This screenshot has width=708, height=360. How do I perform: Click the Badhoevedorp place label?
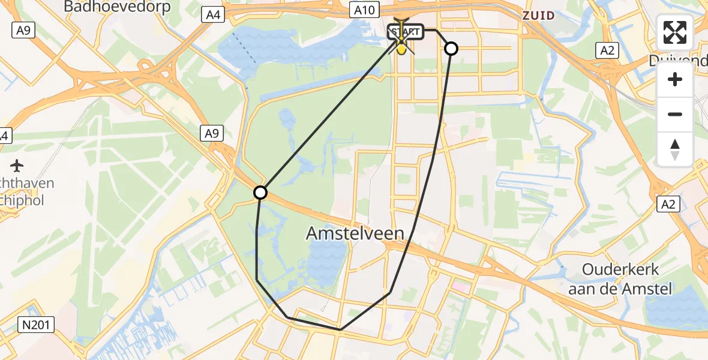(117, 7)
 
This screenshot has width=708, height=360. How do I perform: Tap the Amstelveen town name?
(355, 233)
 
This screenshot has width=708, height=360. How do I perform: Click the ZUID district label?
(538, 16)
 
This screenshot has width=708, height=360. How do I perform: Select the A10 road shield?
(364, 10)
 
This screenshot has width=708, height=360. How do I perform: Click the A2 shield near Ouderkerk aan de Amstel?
(669, 205)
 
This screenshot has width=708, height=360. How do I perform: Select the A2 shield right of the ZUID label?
(608, 50)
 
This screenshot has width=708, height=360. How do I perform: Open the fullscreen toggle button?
(675, 32)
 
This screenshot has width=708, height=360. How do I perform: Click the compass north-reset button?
(675, 149)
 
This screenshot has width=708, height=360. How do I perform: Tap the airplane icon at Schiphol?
(17, 164)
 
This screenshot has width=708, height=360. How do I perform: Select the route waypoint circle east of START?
(451, 49)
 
